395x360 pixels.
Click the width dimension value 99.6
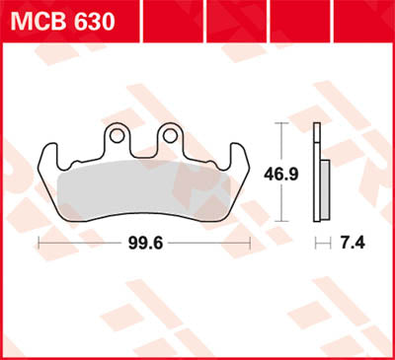pos(144,241)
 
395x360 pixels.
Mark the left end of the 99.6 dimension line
pos(38,241)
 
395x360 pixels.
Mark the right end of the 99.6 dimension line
pos(251,241)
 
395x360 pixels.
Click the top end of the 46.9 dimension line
pos(283,122)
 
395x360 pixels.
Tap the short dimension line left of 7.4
pos(320,241)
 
